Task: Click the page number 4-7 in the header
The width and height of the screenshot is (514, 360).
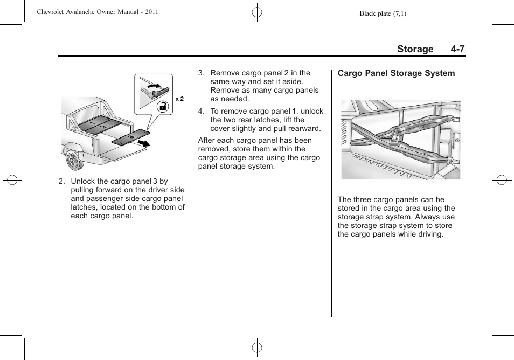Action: click(458, 49)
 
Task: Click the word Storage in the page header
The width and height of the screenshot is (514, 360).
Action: click(415, 49)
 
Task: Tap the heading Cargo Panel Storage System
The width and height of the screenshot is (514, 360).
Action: click(396, 73)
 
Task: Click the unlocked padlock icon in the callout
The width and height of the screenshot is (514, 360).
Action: click(162, 107)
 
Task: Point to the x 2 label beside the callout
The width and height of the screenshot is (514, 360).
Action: click(179, 99)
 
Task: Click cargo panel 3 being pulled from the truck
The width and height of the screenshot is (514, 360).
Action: click(130, 136)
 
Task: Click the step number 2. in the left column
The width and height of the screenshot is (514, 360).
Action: click(62, 182)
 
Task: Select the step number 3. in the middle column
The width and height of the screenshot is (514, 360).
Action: click(201, 73)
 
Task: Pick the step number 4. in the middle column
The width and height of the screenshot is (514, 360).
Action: click(201, 112)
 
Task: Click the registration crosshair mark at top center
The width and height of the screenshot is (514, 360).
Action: click(256, 12)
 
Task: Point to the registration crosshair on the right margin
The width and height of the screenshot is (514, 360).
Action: click(501, 180)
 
